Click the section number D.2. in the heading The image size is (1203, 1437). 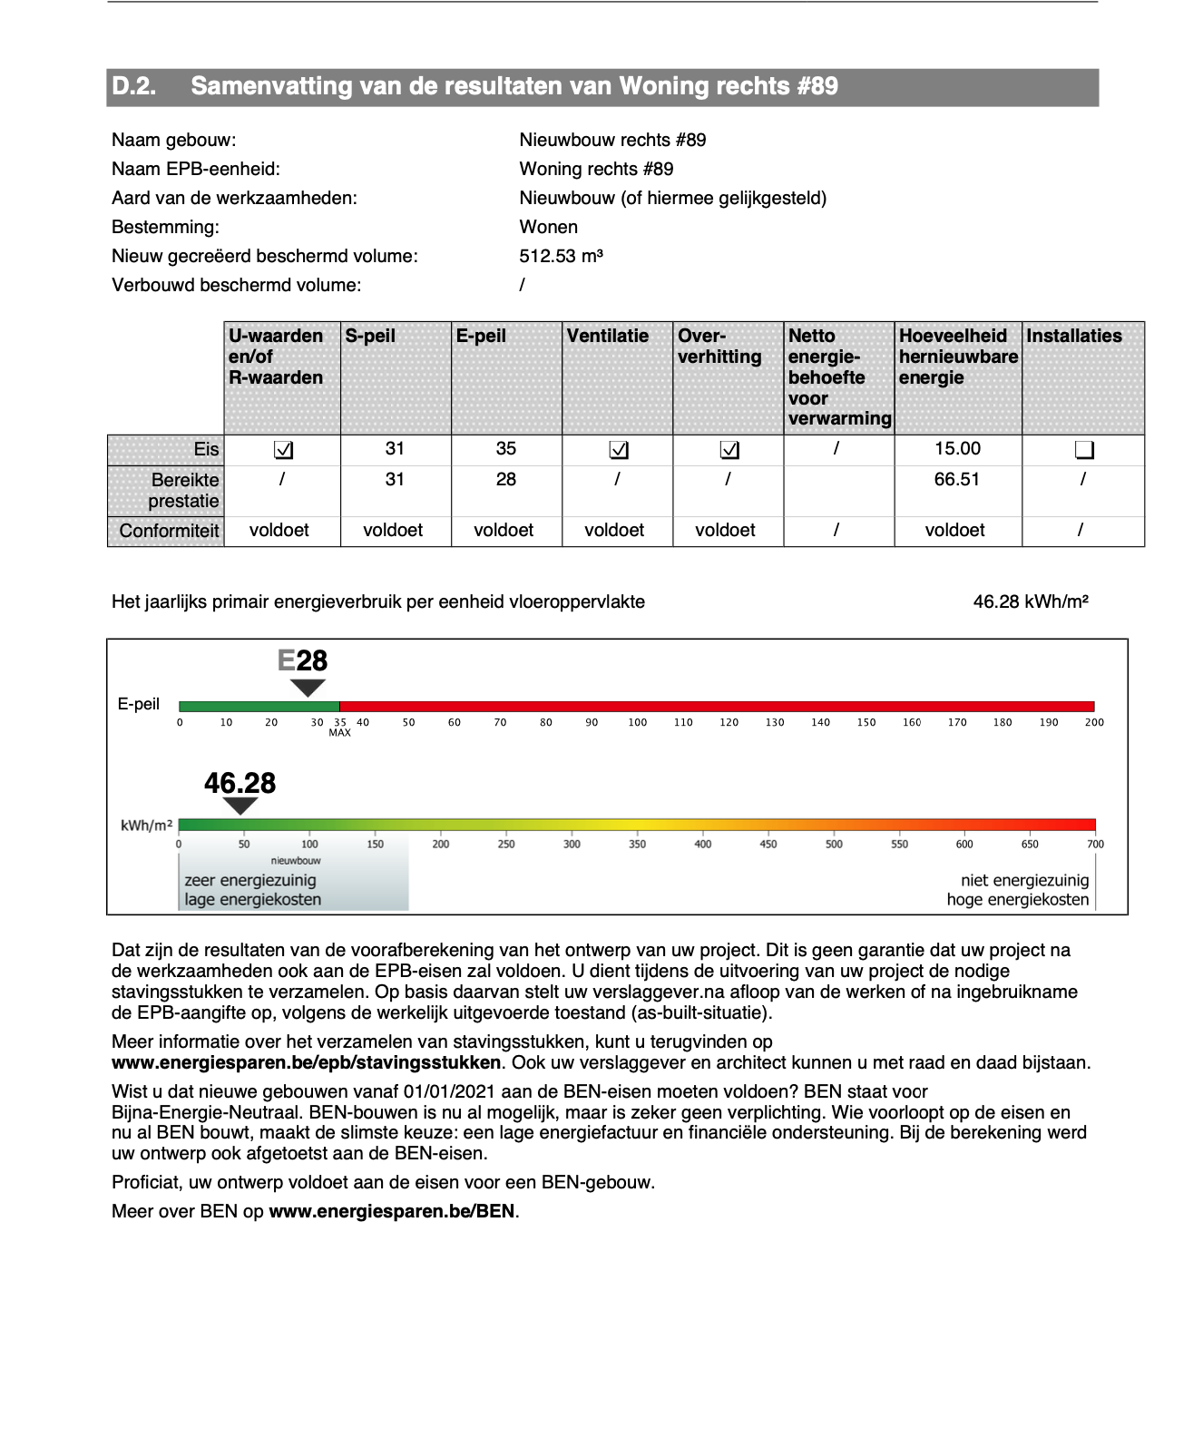click(133, 87)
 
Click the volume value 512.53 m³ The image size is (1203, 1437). click(561, 256)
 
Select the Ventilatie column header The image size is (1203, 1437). click(607, 337)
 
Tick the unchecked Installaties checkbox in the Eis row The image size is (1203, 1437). click(1083, 450)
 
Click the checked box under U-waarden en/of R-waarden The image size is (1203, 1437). click(283, 450)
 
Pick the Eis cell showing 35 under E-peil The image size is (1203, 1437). click(505, 449)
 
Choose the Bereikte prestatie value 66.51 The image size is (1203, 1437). click(957, 480)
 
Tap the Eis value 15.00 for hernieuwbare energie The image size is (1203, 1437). click(957, 449)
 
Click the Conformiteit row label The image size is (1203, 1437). click(169, 531)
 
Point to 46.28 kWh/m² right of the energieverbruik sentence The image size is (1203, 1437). click(1030, 601)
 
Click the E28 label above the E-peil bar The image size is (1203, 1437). click(302, 660)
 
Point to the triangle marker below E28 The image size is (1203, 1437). click(308, 688)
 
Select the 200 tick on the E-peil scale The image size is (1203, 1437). click(1094, 723)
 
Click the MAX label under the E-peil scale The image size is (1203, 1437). click(339, 732)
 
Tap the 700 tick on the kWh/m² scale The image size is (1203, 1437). click(1095, 845)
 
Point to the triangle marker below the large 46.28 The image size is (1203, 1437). click(240, 806)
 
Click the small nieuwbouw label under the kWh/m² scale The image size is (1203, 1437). click(296, 860)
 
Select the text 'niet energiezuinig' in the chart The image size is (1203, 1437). click(1024, 880)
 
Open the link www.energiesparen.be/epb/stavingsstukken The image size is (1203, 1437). click(306, 1062)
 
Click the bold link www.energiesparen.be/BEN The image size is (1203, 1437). click(392, 1211)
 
